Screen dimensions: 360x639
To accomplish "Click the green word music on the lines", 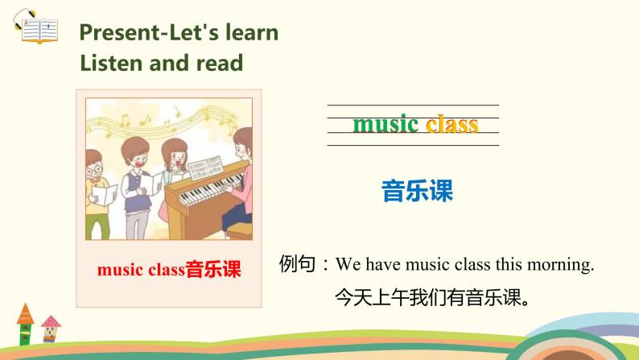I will (386, 124).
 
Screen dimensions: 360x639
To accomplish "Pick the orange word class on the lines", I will (451, 124).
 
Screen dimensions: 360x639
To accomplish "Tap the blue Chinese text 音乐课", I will (417, 191).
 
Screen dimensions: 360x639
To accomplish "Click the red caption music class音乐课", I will (169, 270).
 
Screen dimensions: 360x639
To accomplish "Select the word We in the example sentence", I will (346, 263).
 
